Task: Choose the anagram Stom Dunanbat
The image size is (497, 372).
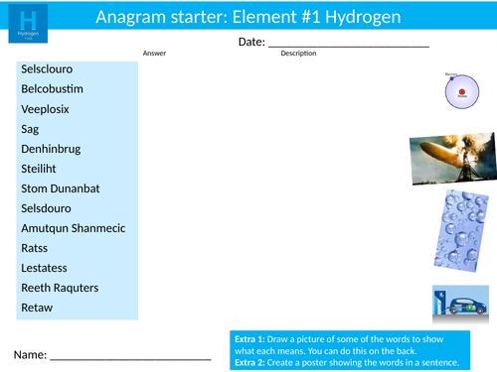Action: pyautogui.click(x=61, y=188)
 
